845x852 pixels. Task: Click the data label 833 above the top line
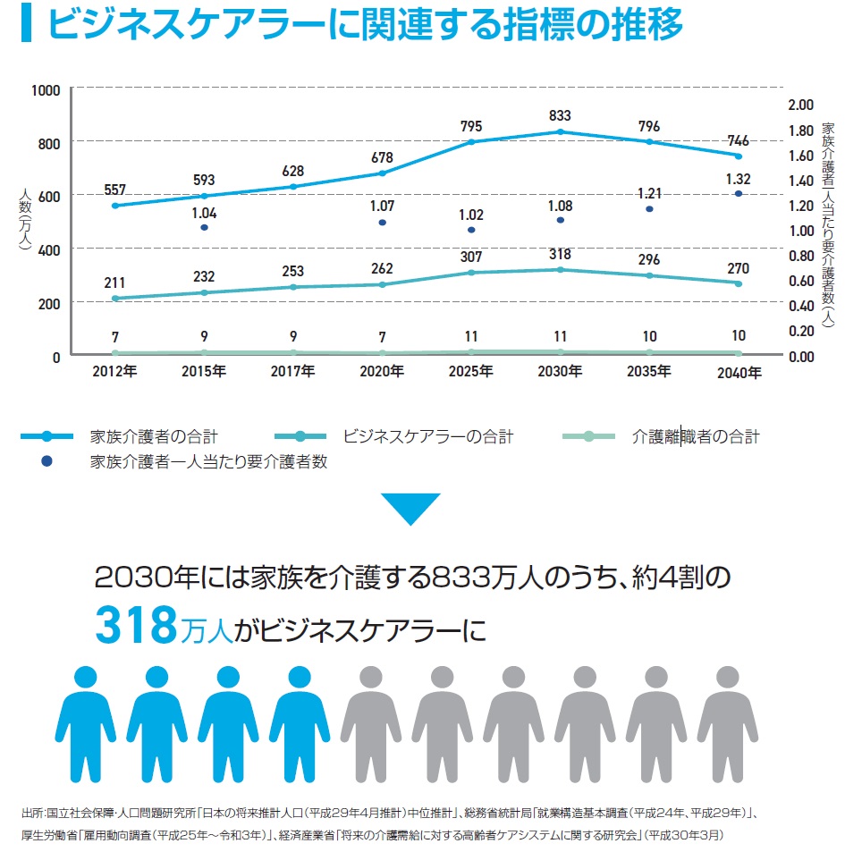[561, 115]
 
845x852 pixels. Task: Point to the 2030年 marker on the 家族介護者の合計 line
[561, 131]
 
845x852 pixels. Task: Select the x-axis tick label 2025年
[471, 372]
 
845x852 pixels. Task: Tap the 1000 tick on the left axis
[45, 90]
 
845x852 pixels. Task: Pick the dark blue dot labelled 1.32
[739, 193]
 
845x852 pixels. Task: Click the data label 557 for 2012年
[115, 190]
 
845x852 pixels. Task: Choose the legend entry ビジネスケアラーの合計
[427, 437]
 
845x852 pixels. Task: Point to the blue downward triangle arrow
[410, 508]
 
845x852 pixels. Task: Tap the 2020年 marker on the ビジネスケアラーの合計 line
[383, 284]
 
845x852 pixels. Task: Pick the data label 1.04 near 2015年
[205, 213]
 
